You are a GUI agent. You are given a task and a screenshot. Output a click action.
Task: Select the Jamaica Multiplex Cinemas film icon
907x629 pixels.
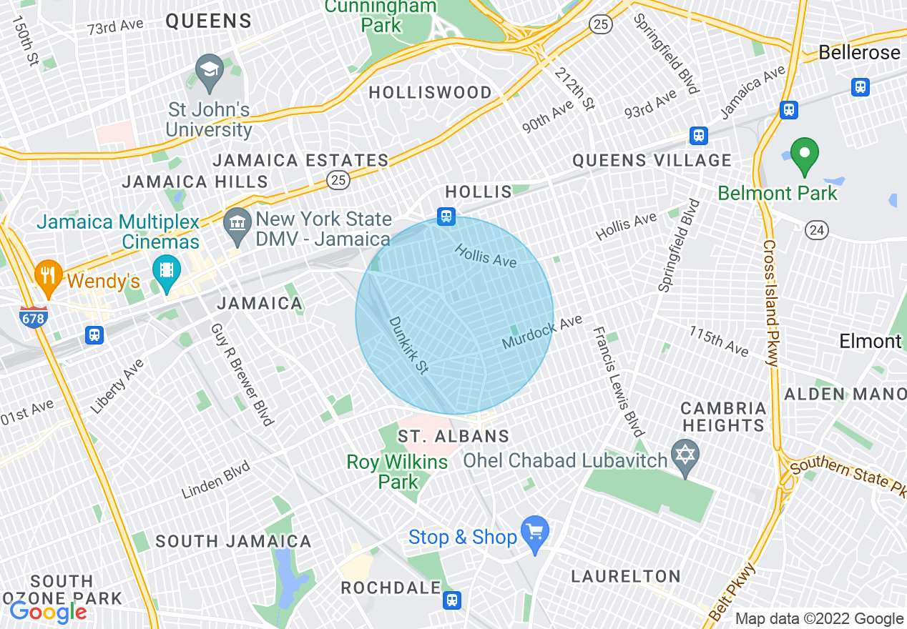[x=167, y=271]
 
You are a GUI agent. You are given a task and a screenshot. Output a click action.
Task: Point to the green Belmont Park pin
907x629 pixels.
[x=805, y=155]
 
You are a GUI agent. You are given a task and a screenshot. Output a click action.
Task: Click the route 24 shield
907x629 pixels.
[x=817, y=229]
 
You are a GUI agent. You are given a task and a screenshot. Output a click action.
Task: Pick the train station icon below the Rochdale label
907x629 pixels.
[x=451, y=600]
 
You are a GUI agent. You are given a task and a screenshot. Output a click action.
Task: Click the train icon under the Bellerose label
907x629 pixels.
[x=861, y=86]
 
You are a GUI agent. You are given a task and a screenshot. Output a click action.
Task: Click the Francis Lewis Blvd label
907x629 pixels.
[x=619, y=382]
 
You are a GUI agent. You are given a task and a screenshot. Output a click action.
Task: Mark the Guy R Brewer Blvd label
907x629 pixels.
[x=242, y=374]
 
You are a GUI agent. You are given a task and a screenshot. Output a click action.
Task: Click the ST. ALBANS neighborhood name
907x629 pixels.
[x=453, y=436]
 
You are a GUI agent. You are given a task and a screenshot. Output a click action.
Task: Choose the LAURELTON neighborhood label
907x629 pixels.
[x=626, y=576]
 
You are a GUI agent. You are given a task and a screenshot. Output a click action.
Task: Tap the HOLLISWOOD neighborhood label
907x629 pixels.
[x=430, y=92]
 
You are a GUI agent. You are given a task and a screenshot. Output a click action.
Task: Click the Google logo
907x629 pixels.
[x=48, y=612]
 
